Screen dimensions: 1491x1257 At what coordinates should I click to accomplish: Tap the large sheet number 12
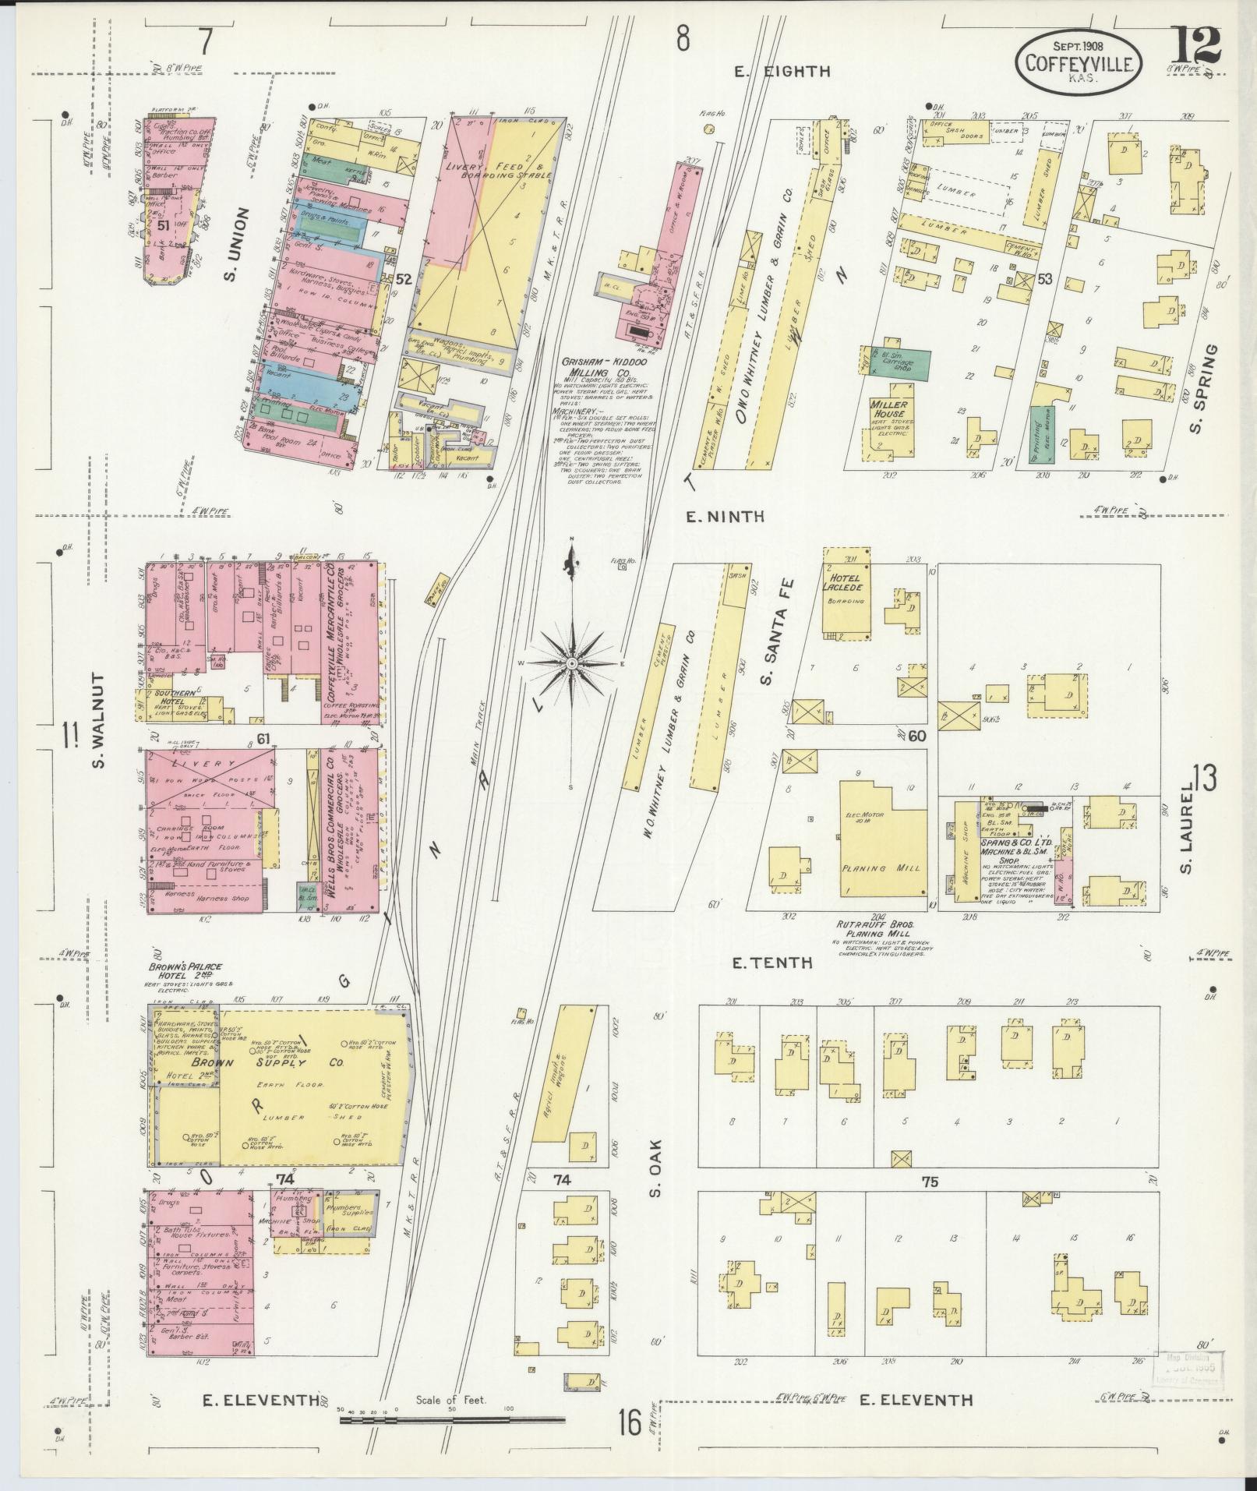[x=1195, y=47]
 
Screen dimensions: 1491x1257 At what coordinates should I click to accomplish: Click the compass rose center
[x=571, y=662]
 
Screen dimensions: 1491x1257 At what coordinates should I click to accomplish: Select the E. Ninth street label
[x=725, y=516]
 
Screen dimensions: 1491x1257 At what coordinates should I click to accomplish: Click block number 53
[x=1044, y=278]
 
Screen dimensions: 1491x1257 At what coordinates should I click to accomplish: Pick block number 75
[x=928, y=1203]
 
